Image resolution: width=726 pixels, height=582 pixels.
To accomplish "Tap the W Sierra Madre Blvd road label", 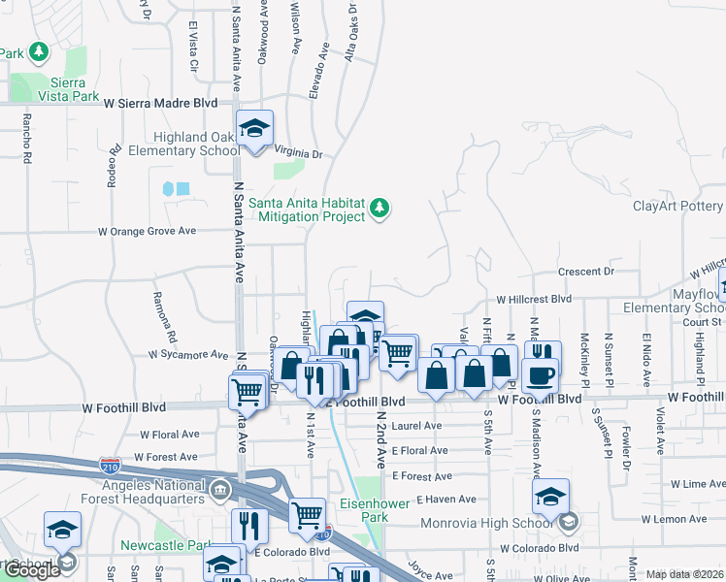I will click(160, 102).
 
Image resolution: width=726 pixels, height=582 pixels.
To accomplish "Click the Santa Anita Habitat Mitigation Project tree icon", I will click(379, 208).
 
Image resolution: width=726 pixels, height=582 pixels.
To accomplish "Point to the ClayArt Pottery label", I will click(677, 206).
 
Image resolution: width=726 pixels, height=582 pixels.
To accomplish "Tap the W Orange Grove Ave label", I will click(147, 231).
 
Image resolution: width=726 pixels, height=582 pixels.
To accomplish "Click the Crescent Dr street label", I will click(586, 272).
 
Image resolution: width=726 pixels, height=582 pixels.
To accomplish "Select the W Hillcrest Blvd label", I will click(533, 300).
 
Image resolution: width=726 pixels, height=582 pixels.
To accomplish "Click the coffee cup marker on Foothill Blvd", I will click(540, 374).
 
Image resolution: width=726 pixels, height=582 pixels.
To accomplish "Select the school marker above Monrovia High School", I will click(550, 499).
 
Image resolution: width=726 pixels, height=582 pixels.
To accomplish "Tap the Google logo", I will click(32, 570).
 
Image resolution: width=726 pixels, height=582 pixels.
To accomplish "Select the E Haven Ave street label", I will click(445, 499).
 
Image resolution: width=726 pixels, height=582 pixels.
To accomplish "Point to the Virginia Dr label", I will click(297, 153).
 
